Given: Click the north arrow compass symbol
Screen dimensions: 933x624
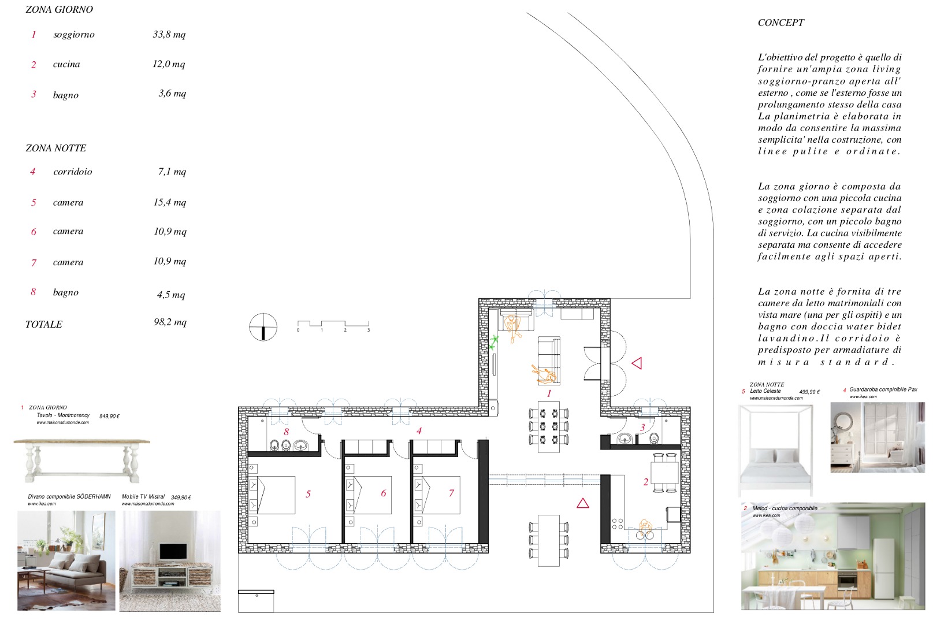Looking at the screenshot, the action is point(263,327).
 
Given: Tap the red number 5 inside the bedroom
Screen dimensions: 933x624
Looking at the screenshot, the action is point(308,494).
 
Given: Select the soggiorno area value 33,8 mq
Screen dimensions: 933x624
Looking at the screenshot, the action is point(169,35).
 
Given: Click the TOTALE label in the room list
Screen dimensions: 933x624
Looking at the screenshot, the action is point(44,324).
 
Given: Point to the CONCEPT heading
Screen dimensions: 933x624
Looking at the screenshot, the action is point(781,23).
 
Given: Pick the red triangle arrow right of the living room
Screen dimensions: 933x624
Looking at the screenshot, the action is point(637,363).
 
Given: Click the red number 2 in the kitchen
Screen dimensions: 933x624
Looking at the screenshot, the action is point(646,482).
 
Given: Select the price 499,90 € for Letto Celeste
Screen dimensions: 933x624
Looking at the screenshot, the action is point(809,392).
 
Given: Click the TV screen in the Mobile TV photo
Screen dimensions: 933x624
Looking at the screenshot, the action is point(173,551).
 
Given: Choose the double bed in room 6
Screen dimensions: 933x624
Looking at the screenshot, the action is point(369,495).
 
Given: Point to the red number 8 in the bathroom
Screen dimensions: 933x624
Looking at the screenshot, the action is point(286,432).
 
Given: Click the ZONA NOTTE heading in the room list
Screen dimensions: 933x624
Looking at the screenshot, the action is point(56,148).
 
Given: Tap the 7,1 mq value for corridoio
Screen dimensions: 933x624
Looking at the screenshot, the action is point(172,172).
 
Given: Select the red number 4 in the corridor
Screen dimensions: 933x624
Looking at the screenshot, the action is point(419,431).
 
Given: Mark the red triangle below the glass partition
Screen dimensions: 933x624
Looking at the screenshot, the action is point(583,503).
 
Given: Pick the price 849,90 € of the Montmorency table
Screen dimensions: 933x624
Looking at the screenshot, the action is point(110,416).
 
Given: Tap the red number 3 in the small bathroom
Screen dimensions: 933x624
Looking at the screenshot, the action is point(642,428).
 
